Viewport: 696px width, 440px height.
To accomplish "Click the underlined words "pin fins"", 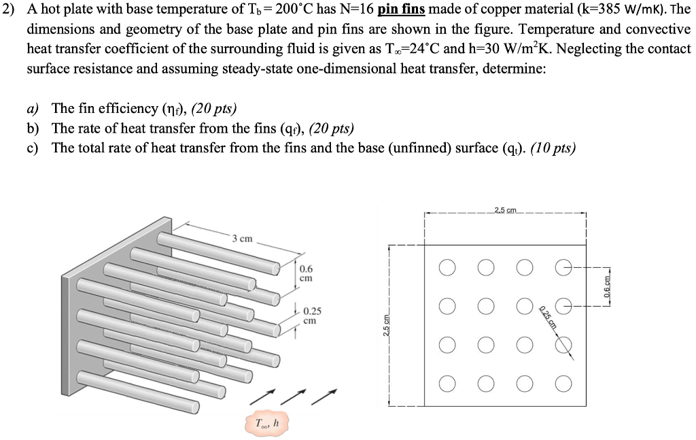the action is tap(401, 10).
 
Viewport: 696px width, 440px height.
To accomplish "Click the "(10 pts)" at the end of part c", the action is tap(553, 148).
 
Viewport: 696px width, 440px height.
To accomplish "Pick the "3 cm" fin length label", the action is tap(242, 239).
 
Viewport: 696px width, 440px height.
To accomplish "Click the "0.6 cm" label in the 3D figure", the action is tap(306, 273).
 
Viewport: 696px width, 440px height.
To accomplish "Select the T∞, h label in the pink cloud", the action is tap(266, 423).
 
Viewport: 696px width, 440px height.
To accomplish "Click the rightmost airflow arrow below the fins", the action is tap(324, 397).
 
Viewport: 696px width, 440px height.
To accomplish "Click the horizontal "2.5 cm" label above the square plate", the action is tap(505, 209).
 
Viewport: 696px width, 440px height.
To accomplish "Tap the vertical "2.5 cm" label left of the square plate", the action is tap(386, 326).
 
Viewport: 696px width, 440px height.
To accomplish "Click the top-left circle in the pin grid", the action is tap(447, 267).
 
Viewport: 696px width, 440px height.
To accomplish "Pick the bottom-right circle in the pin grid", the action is tap(563, 384).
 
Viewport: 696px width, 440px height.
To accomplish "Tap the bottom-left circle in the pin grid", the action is tap(447, 384).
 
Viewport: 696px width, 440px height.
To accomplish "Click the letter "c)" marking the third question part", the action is tap(33, 148).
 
